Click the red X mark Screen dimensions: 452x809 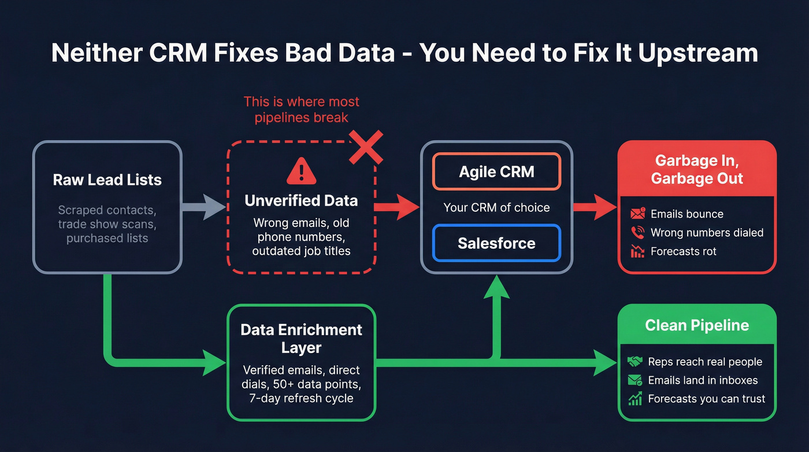366,147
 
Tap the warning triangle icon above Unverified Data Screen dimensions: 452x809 300,171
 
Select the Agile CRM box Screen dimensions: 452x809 496,172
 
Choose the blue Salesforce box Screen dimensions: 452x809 496,243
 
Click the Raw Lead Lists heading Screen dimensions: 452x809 107,180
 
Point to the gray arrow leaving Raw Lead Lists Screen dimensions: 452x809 203,207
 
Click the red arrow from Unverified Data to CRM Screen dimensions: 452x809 397,207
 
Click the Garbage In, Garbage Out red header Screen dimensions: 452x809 697,170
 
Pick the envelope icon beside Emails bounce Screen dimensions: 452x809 637,214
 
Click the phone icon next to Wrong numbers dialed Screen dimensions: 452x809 637,233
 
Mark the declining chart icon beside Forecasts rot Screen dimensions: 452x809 637,251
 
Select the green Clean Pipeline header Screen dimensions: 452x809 697,325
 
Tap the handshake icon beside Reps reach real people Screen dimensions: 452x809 635,362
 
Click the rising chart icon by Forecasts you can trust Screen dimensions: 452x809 635,399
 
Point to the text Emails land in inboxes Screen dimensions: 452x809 703,380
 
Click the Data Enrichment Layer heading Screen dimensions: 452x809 301,339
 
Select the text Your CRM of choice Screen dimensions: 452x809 496,207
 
